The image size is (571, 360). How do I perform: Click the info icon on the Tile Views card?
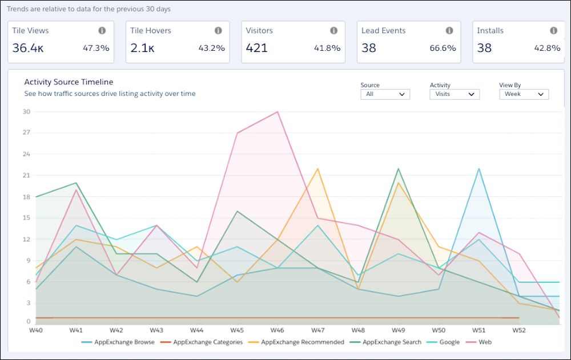[102, 31]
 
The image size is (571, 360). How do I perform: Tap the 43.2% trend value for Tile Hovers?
[211, 48]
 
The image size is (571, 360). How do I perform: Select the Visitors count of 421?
[256, 48]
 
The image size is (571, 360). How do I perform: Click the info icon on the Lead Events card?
[449, 31]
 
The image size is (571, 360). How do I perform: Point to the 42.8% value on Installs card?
[546, 48]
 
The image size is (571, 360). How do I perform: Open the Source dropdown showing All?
[385, 94]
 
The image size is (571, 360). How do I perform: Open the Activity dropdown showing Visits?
[455, 94]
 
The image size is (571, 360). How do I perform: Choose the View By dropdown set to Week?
[524, 94]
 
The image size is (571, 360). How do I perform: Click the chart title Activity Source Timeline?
[69, 82]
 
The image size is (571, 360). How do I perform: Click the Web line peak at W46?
[278, 112]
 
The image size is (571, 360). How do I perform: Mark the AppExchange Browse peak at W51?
[478, 168]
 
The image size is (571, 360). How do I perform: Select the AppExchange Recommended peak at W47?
[318, 168]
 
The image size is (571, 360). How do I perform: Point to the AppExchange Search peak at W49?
[397, 168]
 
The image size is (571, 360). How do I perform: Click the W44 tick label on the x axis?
[196, 330]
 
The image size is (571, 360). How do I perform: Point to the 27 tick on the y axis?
[26, 133]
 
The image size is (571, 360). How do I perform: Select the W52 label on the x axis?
[519, 330]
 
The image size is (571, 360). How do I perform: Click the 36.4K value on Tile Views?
[28, 48]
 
